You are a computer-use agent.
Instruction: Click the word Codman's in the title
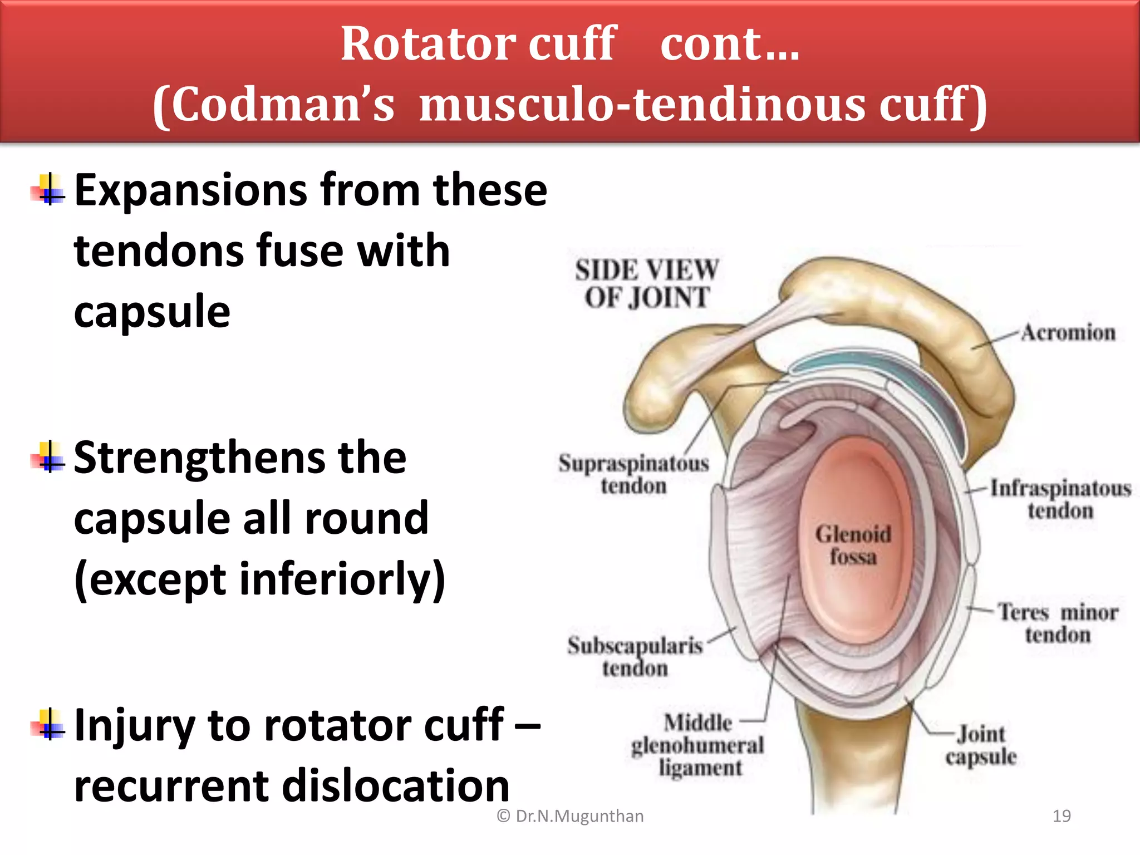pos(274,105)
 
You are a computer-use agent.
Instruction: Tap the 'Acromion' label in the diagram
pos(1068,332)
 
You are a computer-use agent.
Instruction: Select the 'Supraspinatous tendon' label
pos(633,474)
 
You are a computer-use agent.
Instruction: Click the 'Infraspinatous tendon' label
pos(1060,499)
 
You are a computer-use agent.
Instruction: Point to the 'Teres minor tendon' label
pos(1058,623)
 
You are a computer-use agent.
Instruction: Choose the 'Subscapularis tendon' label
pos(635,656)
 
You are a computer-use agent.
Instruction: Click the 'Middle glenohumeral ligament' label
pos(698,745)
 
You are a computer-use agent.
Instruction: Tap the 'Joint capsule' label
pos(981,745)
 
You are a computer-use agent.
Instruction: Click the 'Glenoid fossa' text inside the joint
pos(853,545)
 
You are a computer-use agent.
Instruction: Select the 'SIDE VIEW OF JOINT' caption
pos(647,283)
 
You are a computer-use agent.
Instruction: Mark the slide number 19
pos(1062,816)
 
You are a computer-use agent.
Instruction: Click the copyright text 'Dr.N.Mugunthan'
pos(579,816)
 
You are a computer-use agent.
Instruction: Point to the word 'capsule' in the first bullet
pos(152,312)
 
